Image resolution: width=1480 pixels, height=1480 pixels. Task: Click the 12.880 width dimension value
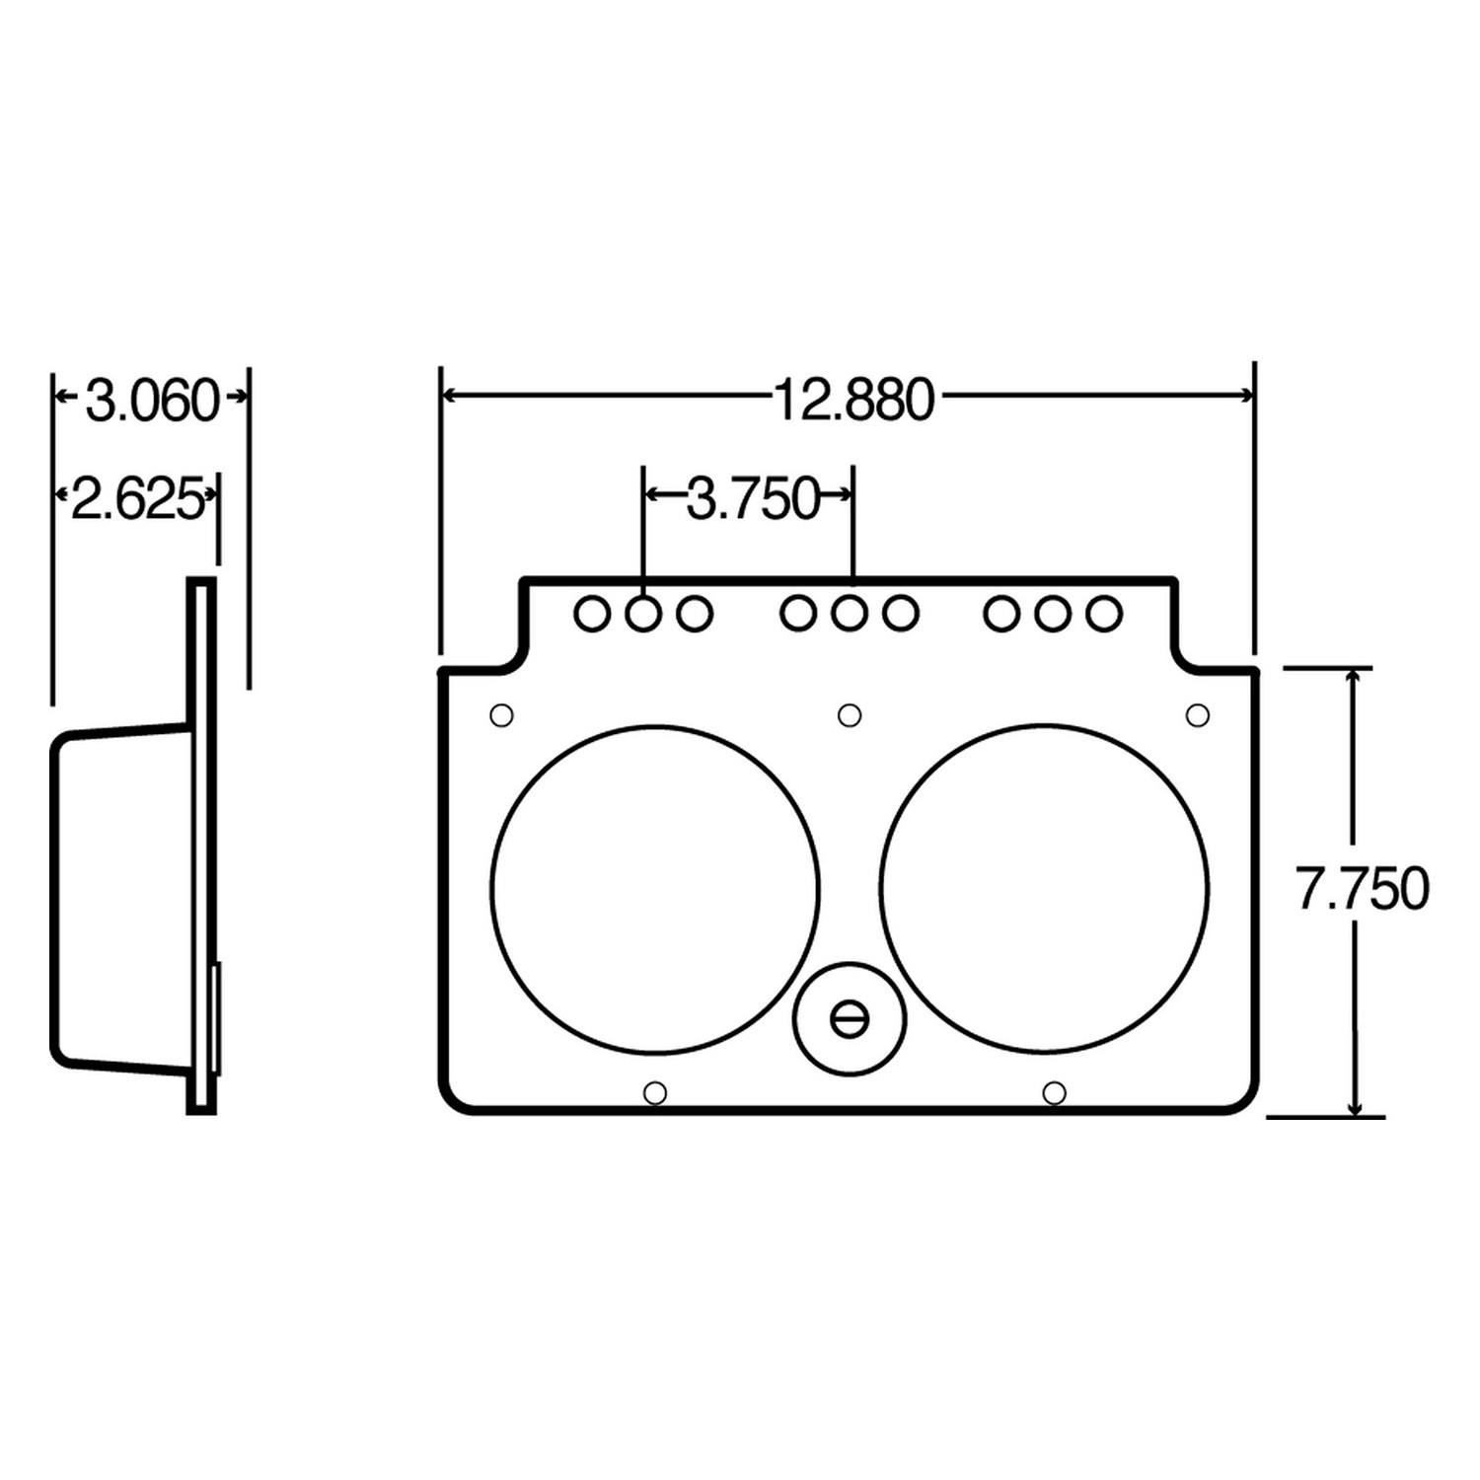[852, 401]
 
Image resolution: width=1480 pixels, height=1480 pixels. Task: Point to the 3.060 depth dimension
[151, 401]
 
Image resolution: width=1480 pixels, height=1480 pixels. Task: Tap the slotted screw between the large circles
[850, 1018]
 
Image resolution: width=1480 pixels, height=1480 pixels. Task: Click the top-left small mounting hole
[501, 714]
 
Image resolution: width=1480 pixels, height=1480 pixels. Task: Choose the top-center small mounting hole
[850, 714]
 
